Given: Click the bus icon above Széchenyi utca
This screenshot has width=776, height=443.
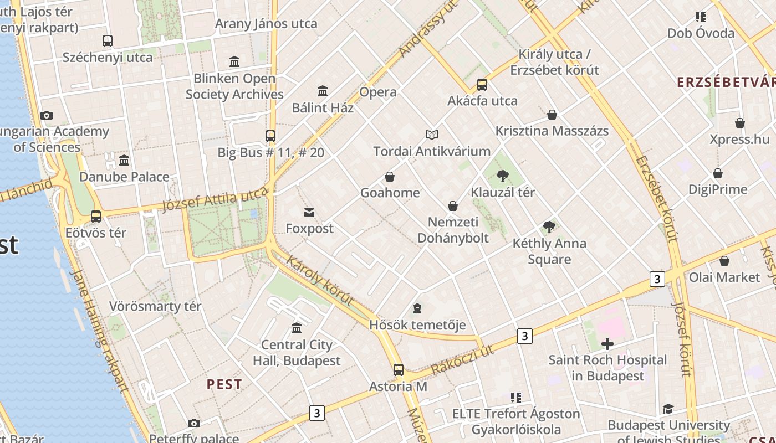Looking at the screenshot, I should (x=108, y=40).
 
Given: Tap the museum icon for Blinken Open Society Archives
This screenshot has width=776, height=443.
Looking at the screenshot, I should (x=234, y=61).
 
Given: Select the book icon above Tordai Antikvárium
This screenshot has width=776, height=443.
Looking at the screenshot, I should (x=432, y=135).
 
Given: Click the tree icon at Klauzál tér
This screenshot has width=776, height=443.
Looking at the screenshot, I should (x=503, y=176).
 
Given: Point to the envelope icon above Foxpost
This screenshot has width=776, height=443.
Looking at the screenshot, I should (x=309, y=212).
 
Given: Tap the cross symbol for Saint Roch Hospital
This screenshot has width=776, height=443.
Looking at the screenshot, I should (x=607, y=344).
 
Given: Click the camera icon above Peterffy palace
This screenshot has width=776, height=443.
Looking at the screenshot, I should (x=193, y=424).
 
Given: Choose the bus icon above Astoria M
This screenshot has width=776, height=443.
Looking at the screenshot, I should (x=398, y=370).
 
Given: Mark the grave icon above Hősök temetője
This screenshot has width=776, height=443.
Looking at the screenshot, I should (x=417, y=308).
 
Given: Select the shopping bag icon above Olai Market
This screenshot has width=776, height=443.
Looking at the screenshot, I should (x=724, y=261).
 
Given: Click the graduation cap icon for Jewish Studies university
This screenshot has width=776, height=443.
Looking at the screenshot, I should (x=668, y=409).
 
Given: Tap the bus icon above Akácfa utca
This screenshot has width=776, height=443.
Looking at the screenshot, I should (x=482, y=85).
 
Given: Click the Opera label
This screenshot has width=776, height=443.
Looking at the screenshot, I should (x=378, y=92).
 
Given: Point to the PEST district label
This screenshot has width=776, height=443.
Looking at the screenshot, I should (x=224, y=384).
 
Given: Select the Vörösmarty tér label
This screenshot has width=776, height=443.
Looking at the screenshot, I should (x=155, y=306).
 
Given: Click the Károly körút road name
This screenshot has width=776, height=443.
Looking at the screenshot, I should (x=320, y=281).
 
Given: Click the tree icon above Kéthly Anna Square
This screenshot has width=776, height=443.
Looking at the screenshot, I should (x=549, y=226).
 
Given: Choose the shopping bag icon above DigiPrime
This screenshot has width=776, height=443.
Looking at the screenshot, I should (x=718, y=173).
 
